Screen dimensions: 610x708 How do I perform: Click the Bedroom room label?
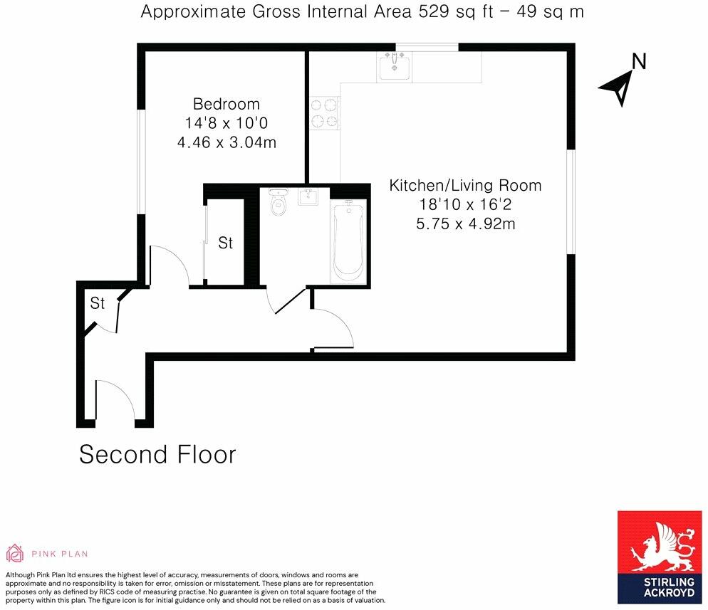click(x=227, y=105)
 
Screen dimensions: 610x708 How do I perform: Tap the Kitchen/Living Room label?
click(x=465, y=186)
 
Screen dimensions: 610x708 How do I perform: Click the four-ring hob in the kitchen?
click(x=324, y=113)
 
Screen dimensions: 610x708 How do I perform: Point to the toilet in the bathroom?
click(x=278, y=204)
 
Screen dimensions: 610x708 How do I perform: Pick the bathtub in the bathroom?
click(x=349, y=240)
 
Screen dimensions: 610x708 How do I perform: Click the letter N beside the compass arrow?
click(x=639, y=62)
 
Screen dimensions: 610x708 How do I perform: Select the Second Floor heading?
click(x=157, y=454)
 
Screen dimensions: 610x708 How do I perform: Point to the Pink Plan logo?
click(x=47, y=553)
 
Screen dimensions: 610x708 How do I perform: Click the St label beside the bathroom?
click(x=226, y=243)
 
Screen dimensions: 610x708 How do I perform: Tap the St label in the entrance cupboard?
click(x=98, y=304)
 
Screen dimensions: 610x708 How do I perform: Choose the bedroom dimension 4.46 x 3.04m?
click(x=227, y=142)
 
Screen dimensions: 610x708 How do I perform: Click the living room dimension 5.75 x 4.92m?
click(x=465, y=224)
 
